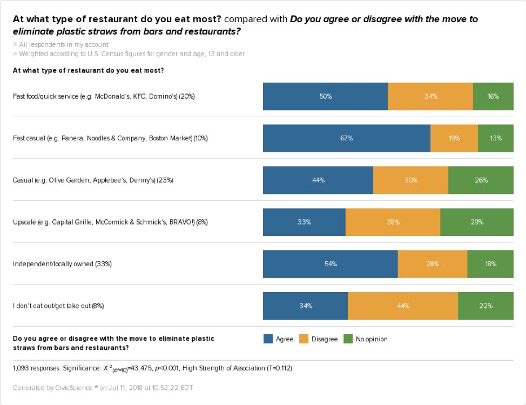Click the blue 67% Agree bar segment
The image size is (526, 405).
click(x=346, y=138)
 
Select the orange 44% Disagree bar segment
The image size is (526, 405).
click(x=402, y=306)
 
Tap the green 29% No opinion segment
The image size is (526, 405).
click(x=476, y=222)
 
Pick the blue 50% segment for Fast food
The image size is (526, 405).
click(x=325, y=97)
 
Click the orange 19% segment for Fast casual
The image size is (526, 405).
click(x=454, y=138)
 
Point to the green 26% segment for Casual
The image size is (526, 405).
click(x=481, y=180)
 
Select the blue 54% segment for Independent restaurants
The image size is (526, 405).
click(x=330, y=264)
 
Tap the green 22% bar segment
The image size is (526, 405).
click(x=485, y=306)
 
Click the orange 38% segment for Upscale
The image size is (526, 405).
click(x=393, y=222)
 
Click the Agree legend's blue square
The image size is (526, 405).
click(x=268, y=339)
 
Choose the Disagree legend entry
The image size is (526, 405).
click(x=318, y=339)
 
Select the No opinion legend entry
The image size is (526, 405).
click(x=366, y=339)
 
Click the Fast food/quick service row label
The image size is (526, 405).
click(x=104, y=97)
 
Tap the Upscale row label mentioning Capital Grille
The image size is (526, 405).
click(x=110, y=222)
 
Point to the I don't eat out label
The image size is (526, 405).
click(x=58, y=306)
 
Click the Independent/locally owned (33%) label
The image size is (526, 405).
click(x=62, y=264)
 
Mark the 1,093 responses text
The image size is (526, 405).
click(x=36, y=368)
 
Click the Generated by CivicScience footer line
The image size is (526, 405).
click(x=103, y=388)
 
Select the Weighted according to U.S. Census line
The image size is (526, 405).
click(x=129, y=53)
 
